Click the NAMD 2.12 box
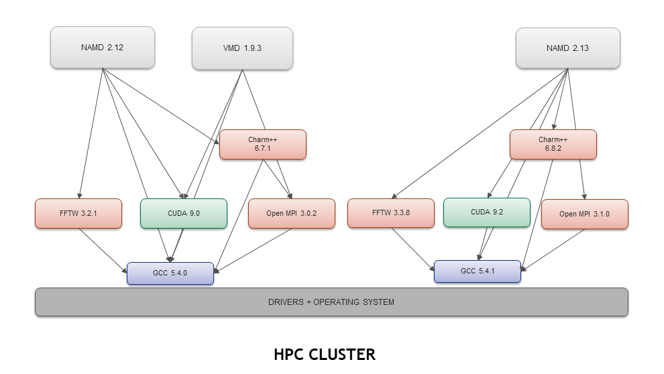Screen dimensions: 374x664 point(103,48)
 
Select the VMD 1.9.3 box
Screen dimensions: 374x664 point(242,48)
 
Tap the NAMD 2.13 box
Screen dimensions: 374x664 point(567,48)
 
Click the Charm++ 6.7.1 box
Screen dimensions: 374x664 point(262,144)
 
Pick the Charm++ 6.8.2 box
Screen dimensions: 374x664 point(553,144)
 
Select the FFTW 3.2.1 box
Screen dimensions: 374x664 point(78,213)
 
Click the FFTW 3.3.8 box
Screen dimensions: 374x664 point(391,213)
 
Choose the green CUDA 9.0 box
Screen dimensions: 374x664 point(183,213)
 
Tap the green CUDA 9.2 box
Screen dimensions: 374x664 point(486,212)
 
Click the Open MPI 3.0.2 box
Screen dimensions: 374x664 point(291,214)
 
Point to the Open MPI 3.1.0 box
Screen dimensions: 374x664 point(584,214)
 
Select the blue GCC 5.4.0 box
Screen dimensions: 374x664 point(170,273)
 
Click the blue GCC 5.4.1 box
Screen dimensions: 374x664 point(477,271)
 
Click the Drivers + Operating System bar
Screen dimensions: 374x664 point(331,302)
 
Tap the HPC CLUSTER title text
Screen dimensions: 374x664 point(325,355)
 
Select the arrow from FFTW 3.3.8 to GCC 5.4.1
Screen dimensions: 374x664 point(413,249)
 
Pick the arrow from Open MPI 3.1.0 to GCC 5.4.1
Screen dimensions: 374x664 point(555,250)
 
